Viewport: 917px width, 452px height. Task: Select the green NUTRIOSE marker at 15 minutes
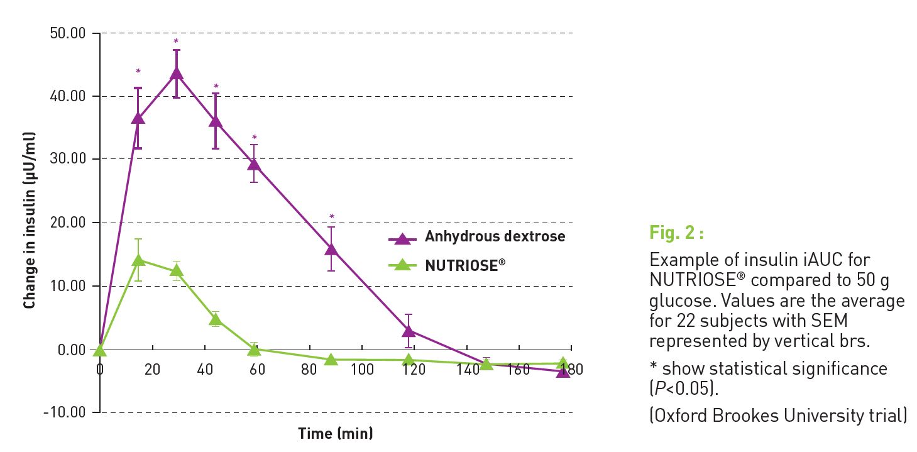click(138, 260)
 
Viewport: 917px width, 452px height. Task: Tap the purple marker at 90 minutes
click(332, 249)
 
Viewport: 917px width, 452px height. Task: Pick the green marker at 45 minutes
click(216, 319)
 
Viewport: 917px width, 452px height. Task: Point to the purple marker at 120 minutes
click(409, 331)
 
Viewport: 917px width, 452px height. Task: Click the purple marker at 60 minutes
click(254, 165)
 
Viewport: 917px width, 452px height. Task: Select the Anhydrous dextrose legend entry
click(495, 237)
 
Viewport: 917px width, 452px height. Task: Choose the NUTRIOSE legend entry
click(465, 265)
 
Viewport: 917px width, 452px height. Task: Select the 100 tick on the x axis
click(362, 369)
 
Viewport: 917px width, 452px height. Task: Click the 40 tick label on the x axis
click(205, 369)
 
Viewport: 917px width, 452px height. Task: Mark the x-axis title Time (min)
click(335, 433)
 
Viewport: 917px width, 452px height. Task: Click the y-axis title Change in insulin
click(29, 220)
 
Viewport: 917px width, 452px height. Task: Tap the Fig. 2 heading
click(676, 234)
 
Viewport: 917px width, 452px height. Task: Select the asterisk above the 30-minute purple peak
click(177, 41)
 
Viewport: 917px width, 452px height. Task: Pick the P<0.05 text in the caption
click(683, 389)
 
